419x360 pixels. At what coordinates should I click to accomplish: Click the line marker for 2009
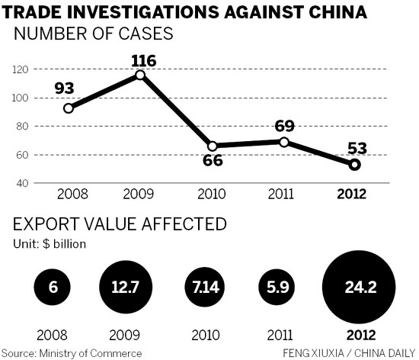coord(139,75)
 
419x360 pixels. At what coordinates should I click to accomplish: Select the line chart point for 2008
coord(69,108)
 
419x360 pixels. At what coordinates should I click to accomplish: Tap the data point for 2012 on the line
coord(354,164)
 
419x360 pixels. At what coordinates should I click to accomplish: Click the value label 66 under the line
coord(212,162)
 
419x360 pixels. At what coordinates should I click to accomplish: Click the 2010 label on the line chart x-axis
coord(213,194)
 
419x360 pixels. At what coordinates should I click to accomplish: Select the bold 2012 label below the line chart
coord(353,194)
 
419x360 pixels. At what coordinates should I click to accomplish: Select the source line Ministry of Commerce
coord(73,352)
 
